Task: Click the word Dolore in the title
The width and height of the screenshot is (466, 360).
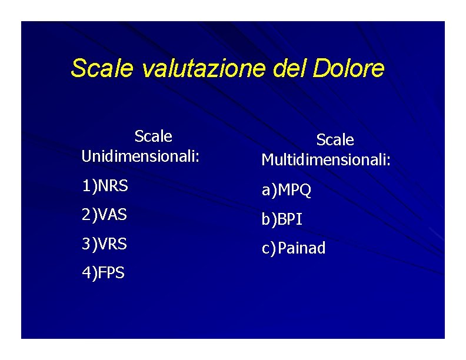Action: coord(349,69)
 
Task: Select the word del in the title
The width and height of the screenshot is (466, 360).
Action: coord(291,69)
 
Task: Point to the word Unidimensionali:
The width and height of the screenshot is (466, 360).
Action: coord(141,156)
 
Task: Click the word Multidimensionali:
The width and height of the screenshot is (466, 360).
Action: coord(326,160)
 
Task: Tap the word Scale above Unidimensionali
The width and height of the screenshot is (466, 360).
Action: coord(153,136)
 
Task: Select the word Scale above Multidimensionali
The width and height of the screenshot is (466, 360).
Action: coord(335,140)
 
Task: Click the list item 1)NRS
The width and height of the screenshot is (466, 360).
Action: coord(105,186)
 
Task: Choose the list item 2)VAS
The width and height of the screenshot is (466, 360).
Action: coord(104,215)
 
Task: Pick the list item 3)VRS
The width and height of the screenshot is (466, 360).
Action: coord(104,244)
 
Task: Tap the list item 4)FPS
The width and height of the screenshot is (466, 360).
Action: coord(103,273)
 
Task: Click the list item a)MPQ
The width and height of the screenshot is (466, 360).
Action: coord(287,191)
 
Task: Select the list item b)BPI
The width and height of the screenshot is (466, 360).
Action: coord(282,220)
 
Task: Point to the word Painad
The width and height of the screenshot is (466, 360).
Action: coord(301,249)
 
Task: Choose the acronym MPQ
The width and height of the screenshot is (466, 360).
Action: coord(294,191)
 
